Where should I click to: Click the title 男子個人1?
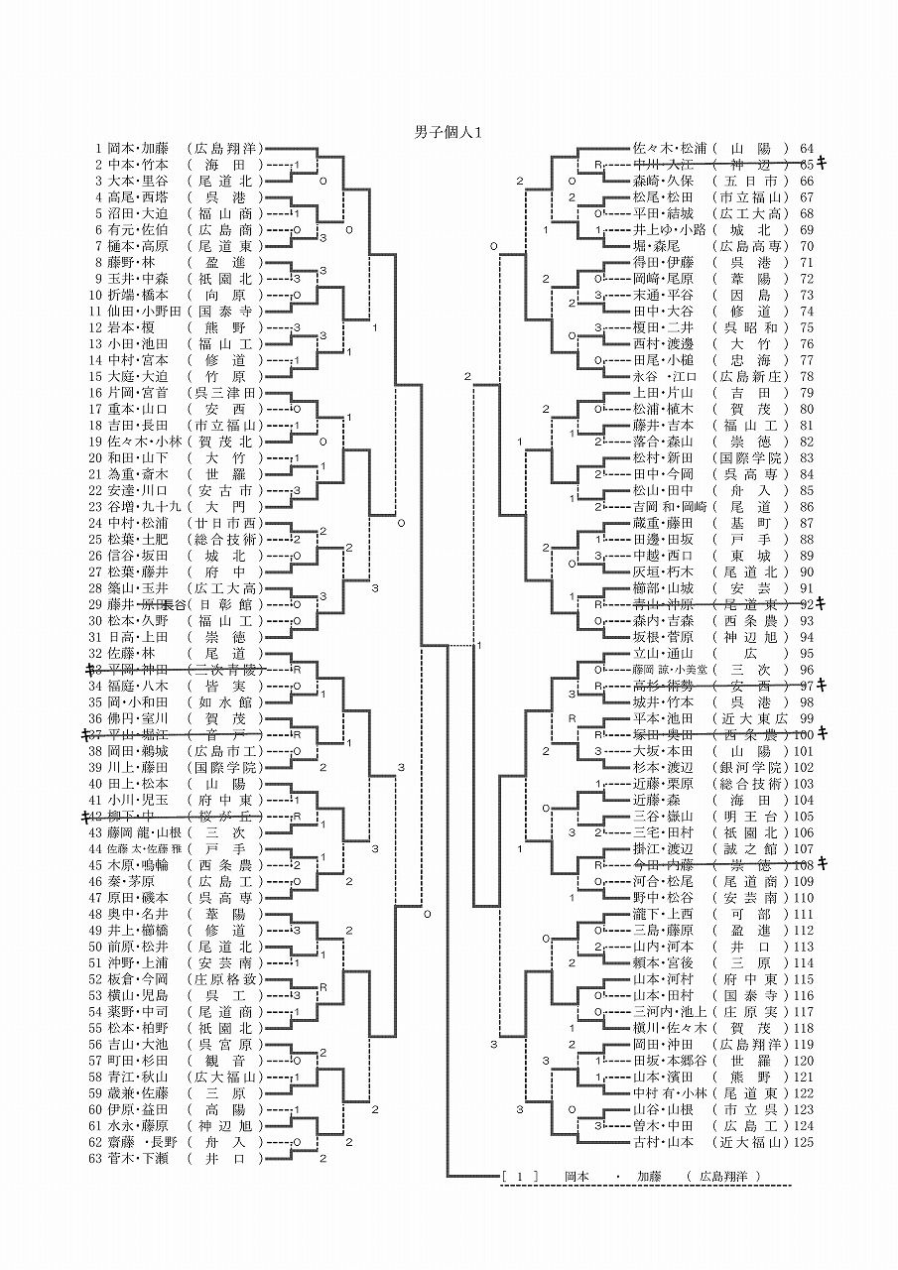448,131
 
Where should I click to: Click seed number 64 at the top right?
806,148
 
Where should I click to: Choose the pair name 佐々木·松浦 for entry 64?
667,148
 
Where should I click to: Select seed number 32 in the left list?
96,654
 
